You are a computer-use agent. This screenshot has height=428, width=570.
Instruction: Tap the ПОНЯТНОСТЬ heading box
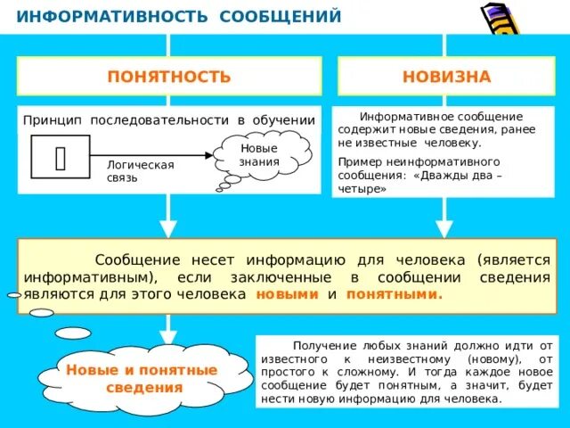tap(169, 77)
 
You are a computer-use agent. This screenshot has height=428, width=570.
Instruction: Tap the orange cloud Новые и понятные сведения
tap(142, 378)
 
